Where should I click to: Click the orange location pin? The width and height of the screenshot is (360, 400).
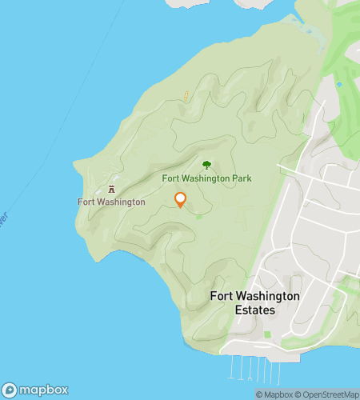tap(180, 200)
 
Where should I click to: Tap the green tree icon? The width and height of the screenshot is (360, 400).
tap(206, 165)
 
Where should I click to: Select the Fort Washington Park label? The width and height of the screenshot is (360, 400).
tap(206, 178)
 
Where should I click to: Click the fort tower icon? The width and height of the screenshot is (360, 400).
tap(111, 190)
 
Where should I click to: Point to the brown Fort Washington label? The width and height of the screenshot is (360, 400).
tap(111, 202)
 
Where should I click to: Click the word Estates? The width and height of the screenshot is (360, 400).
tap(254, 310)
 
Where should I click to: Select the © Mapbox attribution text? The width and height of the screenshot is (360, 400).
tap(275, 394)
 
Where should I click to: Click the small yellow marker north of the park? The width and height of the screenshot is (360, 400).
tap(186, 96)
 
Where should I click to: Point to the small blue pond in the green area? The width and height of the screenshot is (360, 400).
tap(339, 84)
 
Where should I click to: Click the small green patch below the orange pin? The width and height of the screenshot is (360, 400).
tap(198, 216)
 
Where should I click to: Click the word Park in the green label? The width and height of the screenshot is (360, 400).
tap(241, 178)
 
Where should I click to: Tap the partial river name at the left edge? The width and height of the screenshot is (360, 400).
tap(3, 218)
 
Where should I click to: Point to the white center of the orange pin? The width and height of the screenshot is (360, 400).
tap(180, 198)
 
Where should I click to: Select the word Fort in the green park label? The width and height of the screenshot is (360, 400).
tap(171, 178)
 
